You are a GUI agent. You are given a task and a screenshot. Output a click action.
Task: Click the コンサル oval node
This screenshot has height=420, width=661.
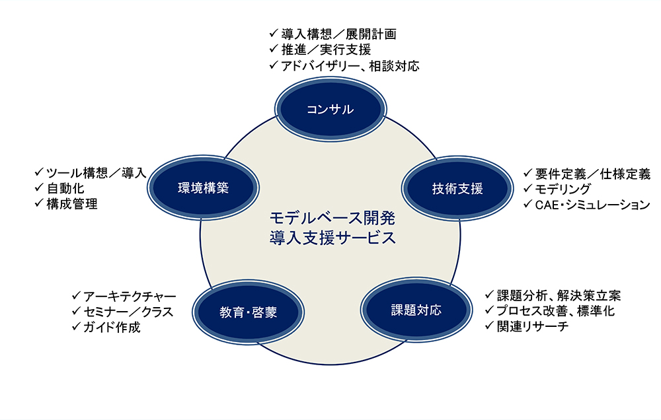[330, 109]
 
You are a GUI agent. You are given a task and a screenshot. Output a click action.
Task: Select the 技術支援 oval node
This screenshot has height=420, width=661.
[457, 188]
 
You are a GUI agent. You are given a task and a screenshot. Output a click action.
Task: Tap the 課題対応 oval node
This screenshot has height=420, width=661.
[416, 310]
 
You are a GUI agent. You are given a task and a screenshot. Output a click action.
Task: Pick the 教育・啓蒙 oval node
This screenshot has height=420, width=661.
[249, 312]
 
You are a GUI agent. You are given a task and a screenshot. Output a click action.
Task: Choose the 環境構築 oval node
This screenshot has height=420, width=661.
[203, 188]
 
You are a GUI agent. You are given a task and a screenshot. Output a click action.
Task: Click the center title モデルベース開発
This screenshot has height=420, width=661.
[332, 218]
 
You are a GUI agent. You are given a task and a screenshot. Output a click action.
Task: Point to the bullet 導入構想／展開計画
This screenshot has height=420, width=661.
[339, 34]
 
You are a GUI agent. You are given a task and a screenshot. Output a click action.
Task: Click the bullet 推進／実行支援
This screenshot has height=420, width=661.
[327, 50]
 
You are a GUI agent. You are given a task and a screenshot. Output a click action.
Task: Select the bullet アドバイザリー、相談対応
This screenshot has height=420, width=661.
[350, 66]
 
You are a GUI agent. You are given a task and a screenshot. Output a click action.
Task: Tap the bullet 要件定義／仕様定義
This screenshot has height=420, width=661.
[593, 174]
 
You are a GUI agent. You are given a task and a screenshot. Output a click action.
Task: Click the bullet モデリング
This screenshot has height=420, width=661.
[563, 189]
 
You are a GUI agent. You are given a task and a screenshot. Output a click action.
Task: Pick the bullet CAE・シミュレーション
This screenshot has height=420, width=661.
[593, 205]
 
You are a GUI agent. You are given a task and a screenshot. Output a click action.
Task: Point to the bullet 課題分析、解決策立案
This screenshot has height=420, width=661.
[559, 295]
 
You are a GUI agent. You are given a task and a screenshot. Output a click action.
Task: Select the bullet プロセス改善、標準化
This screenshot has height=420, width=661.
[556, 311]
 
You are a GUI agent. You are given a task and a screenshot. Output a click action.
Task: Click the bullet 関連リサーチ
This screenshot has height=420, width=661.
[532, 326]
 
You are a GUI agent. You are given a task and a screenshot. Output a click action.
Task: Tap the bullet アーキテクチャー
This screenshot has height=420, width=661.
[130, 297]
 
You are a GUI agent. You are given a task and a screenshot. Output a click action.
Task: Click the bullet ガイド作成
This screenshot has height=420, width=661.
[112, 328]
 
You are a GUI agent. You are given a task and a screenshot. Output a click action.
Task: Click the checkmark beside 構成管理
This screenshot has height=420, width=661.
[39, 203]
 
